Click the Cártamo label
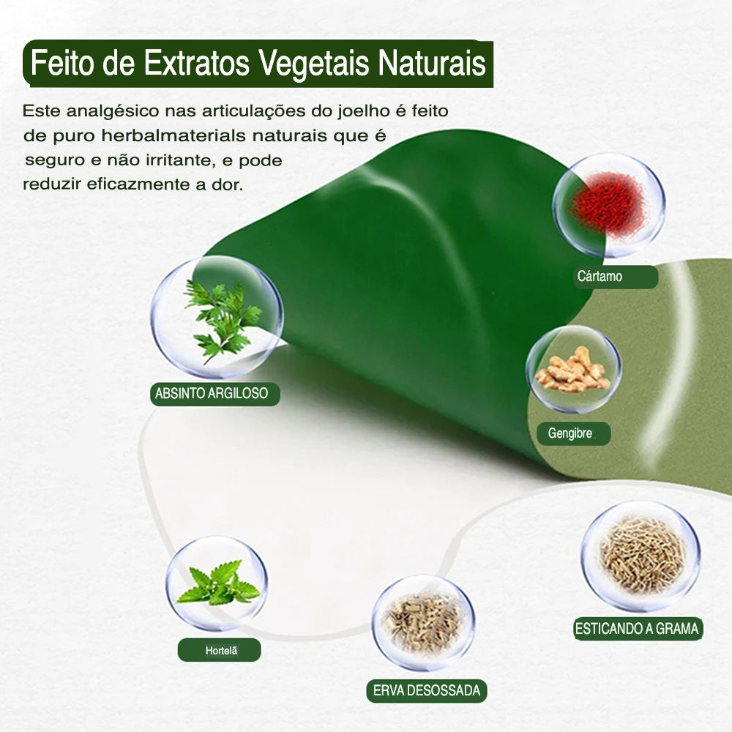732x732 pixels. tap(616, 277)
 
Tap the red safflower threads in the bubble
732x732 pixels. tap(608, 204)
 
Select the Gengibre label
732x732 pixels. tap(573, 433)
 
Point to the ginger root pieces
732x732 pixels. tap(573, 369)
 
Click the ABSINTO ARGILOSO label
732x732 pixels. tap(214, 394)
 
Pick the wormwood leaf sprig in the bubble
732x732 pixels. tap(223, 320)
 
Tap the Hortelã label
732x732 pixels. tap(219, 650)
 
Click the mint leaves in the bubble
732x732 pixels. tap(217, 583)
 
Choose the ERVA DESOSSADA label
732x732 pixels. tap(427, 690)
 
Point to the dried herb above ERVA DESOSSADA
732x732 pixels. tap(423, 622)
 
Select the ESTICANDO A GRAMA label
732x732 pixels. tap(638, 628)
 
